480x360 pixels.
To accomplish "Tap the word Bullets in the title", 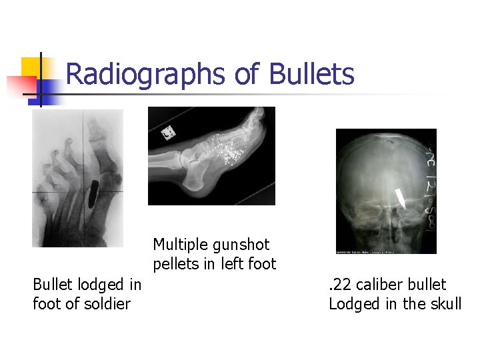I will [x=312, y=75].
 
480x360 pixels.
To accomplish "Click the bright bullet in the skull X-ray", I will [x=401, y=197].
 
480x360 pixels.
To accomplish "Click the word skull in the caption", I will [x=445, y=304].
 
